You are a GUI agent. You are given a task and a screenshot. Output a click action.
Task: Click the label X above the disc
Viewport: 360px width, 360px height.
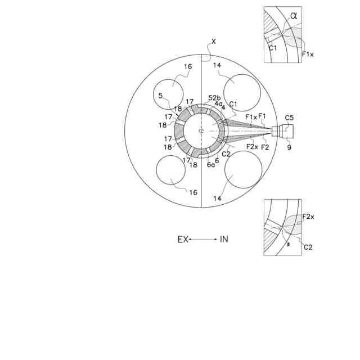214,41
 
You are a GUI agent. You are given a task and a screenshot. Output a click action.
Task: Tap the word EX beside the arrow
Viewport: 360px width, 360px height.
183,239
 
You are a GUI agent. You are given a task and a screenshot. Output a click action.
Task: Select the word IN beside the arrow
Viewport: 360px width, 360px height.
224,239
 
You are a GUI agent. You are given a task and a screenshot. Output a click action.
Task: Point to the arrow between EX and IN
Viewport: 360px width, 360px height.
203,239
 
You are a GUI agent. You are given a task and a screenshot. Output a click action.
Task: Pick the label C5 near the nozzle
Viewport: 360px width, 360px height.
289,118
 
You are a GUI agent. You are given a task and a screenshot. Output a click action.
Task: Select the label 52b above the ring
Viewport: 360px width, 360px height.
214,97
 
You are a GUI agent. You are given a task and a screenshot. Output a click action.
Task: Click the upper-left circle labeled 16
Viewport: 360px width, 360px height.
169,91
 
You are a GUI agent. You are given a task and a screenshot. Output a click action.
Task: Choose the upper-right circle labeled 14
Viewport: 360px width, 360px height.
242,89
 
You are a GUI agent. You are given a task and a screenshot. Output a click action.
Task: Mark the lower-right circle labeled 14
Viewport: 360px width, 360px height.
242,169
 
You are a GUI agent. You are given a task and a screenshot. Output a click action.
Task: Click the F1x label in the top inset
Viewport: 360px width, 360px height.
308,55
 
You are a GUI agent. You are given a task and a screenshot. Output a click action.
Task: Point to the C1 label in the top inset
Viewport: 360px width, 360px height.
272,48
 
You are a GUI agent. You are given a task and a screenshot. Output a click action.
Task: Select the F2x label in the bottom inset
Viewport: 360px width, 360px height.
308,217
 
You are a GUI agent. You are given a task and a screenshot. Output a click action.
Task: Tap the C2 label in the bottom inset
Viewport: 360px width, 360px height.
308,247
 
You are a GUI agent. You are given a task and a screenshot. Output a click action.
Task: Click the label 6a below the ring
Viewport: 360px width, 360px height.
210,165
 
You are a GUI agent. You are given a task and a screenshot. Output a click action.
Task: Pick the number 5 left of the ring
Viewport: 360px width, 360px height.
160,96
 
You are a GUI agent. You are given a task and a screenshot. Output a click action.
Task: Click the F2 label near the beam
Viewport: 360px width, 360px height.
265,147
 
